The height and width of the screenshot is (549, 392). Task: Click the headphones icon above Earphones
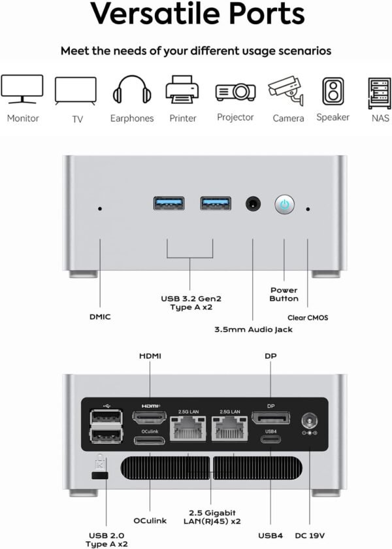click(x=131, y=90)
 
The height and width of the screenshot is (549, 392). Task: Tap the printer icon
click(x=182, y=90)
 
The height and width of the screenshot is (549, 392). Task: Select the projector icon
click(x=235, y=91)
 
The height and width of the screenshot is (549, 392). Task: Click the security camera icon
click(x=287, y=91)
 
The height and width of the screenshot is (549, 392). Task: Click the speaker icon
click(x=333, y=91)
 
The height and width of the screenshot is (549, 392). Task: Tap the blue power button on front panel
click(x=284, y=204)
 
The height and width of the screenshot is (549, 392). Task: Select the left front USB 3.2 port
click(x=169, y=203)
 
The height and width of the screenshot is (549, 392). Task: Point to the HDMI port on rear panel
click(x=150, y=417)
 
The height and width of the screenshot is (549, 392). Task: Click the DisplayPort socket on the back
click(x=270, y=417)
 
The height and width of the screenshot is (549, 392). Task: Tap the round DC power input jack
click(x=306, y=418)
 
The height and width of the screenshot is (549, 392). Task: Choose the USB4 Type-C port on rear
click(x=270, y=439)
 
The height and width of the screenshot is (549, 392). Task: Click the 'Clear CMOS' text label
click(x=307, y=318)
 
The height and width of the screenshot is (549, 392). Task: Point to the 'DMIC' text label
click(x=100, y=317)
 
